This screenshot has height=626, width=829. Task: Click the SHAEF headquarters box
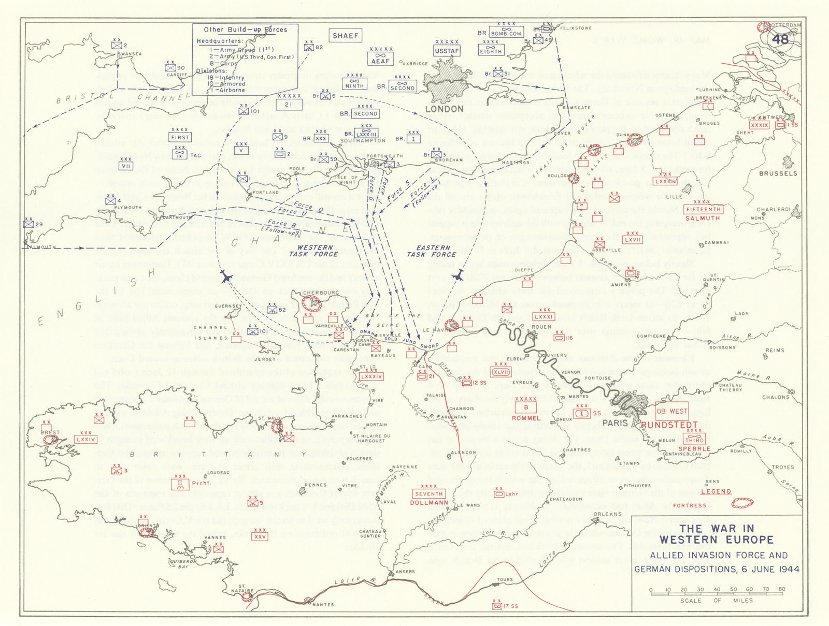point(345,36)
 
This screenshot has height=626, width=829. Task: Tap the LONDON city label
point(444,109)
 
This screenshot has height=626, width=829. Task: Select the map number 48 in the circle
point(780,39)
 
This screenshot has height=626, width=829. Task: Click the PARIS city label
point(615,423)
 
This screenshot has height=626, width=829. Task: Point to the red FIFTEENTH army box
point(703,209)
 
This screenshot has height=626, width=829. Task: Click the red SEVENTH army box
point(429,493)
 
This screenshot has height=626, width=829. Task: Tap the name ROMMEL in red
point(526,418)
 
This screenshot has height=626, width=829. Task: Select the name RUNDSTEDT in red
point(669,425)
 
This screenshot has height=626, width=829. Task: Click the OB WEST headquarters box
point(672,411)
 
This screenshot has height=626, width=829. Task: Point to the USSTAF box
point(447,51)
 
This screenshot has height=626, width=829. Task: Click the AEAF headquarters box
point(380,61)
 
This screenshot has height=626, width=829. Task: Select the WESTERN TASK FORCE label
point(315,251)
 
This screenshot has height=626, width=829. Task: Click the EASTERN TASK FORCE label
point(432,251)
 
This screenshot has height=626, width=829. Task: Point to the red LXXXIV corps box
point(371,376)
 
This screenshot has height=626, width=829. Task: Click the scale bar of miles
point(717,592)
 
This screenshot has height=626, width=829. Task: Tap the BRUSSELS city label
point(778,173)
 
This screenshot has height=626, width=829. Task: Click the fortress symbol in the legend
point(742,503)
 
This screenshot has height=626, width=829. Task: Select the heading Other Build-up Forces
point(245,30)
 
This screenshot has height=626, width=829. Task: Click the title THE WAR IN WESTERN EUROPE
point(717,534)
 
